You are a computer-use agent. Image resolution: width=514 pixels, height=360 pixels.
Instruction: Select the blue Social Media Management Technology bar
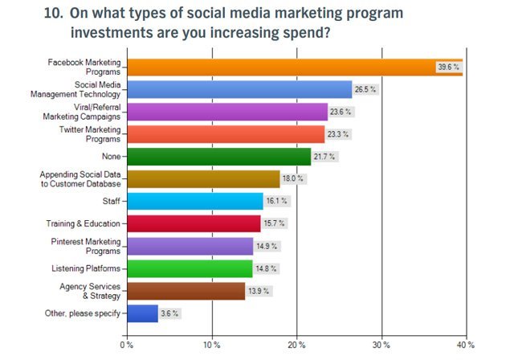click(x=239, y=88)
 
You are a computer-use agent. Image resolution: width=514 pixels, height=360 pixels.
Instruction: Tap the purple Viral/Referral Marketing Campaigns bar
click(x=226, y=111)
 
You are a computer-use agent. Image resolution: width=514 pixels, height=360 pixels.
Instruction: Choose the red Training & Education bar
click(x=193, y=223)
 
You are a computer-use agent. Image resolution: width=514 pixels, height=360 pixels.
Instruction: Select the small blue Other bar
click(x=141, y=313)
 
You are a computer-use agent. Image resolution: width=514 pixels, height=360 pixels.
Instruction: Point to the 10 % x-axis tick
click(x=212, y=344)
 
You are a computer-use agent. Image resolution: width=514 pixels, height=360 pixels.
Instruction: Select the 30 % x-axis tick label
click(x=381, y=344)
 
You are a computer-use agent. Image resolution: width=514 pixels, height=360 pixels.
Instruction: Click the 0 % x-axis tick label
click(x=125, y=344)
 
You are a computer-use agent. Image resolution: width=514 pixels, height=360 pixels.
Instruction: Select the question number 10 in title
click(x=55, y=14)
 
